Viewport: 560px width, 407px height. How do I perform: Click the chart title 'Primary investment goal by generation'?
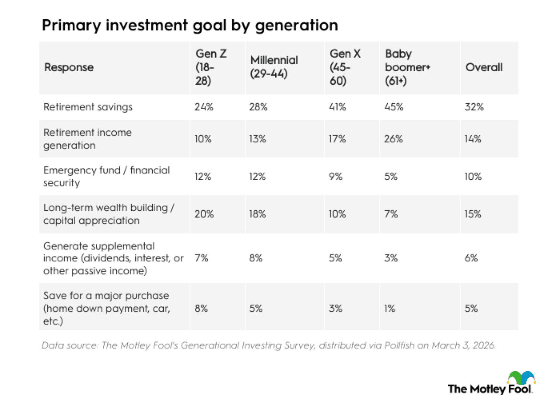189,25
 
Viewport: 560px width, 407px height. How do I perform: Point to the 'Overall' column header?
484,67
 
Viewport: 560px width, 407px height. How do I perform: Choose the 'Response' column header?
69,68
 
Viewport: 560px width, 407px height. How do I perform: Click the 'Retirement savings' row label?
87,107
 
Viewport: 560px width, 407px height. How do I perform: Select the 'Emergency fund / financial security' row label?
106,176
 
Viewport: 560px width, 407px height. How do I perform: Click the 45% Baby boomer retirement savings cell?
394,107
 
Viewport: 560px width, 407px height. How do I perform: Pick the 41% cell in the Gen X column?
338,107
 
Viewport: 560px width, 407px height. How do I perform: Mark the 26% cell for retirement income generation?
394,139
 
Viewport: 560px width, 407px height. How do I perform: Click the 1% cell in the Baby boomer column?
390,308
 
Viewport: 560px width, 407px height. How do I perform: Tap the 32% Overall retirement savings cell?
474,107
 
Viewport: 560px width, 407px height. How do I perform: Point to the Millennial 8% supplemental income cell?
256,258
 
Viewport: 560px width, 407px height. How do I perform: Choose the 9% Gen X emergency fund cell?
336,176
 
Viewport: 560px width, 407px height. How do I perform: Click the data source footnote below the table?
269,345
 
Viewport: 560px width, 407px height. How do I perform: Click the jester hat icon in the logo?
521,377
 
